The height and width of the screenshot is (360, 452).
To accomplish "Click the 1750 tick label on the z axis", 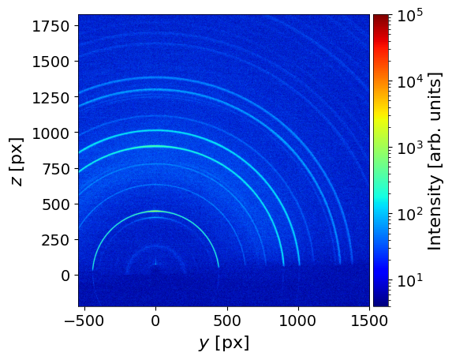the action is [x=50, y=26].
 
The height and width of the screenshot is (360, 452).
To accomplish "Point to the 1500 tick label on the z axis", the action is [x=50, y=62].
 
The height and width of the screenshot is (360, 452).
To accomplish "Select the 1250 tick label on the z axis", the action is [x=50, y=98].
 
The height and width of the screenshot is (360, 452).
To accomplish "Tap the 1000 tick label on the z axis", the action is [x=50, y=133].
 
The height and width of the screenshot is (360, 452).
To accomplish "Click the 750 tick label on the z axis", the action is [x=56, y=169].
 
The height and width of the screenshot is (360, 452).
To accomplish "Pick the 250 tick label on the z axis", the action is [x=56, y=240].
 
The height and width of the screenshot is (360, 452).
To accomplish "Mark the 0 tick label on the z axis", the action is [x=65, y=276].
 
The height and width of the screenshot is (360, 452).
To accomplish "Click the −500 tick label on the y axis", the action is [x=84, y=321].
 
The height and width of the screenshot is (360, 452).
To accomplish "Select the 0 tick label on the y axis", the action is [x=155, y=321].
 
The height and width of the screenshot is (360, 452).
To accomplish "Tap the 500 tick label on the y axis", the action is [x=227, y=321].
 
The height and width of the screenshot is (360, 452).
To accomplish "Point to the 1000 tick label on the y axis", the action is [x=298, y=321].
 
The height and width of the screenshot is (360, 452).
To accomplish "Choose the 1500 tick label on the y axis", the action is [x=369, y=321].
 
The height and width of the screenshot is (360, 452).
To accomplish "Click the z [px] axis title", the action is [x=17, y=162].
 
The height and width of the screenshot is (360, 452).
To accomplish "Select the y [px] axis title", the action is [x=224, y=343].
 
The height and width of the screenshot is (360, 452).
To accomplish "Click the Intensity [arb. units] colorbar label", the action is [x=435, y=162].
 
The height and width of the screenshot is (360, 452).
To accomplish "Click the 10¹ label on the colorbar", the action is [x=409, y=279].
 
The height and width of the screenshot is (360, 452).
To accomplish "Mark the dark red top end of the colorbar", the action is [x=381, y=16].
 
